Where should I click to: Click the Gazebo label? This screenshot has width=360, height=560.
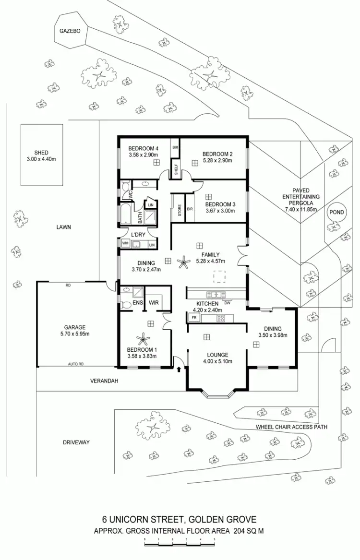coord(70,31)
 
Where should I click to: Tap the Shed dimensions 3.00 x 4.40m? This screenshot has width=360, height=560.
coord(41,159)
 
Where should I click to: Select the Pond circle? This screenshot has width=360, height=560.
coord(336,212)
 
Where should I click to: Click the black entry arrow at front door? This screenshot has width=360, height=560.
coord(179,369)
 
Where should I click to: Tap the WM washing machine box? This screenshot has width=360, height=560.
coord(125,243)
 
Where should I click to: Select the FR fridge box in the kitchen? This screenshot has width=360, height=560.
coord(194,318)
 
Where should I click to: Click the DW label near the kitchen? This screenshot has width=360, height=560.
coord(228,303)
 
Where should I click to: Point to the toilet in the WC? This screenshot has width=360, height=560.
coord(125,187)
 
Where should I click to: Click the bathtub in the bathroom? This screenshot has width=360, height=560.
coord(126,214)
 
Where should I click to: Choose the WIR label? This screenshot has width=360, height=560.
coord(154,303)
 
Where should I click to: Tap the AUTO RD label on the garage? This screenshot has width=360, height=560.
coord(76,364)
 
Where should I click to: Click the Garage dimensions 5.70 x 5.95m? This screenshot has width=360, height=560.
coord(75,334)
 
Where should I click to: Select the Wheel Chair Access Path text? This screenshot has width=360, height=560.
coord(291,427)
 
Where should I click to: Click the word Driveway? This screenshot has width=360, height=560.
coord(76,442)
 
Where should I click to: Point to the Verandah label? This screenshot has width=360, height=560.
coord(104,381)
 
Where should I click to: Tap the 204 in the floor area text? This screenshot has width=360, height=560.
coord(239,531)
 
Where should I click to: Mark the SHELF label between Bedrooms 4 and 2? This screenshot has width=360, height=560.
coord(176,169)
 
